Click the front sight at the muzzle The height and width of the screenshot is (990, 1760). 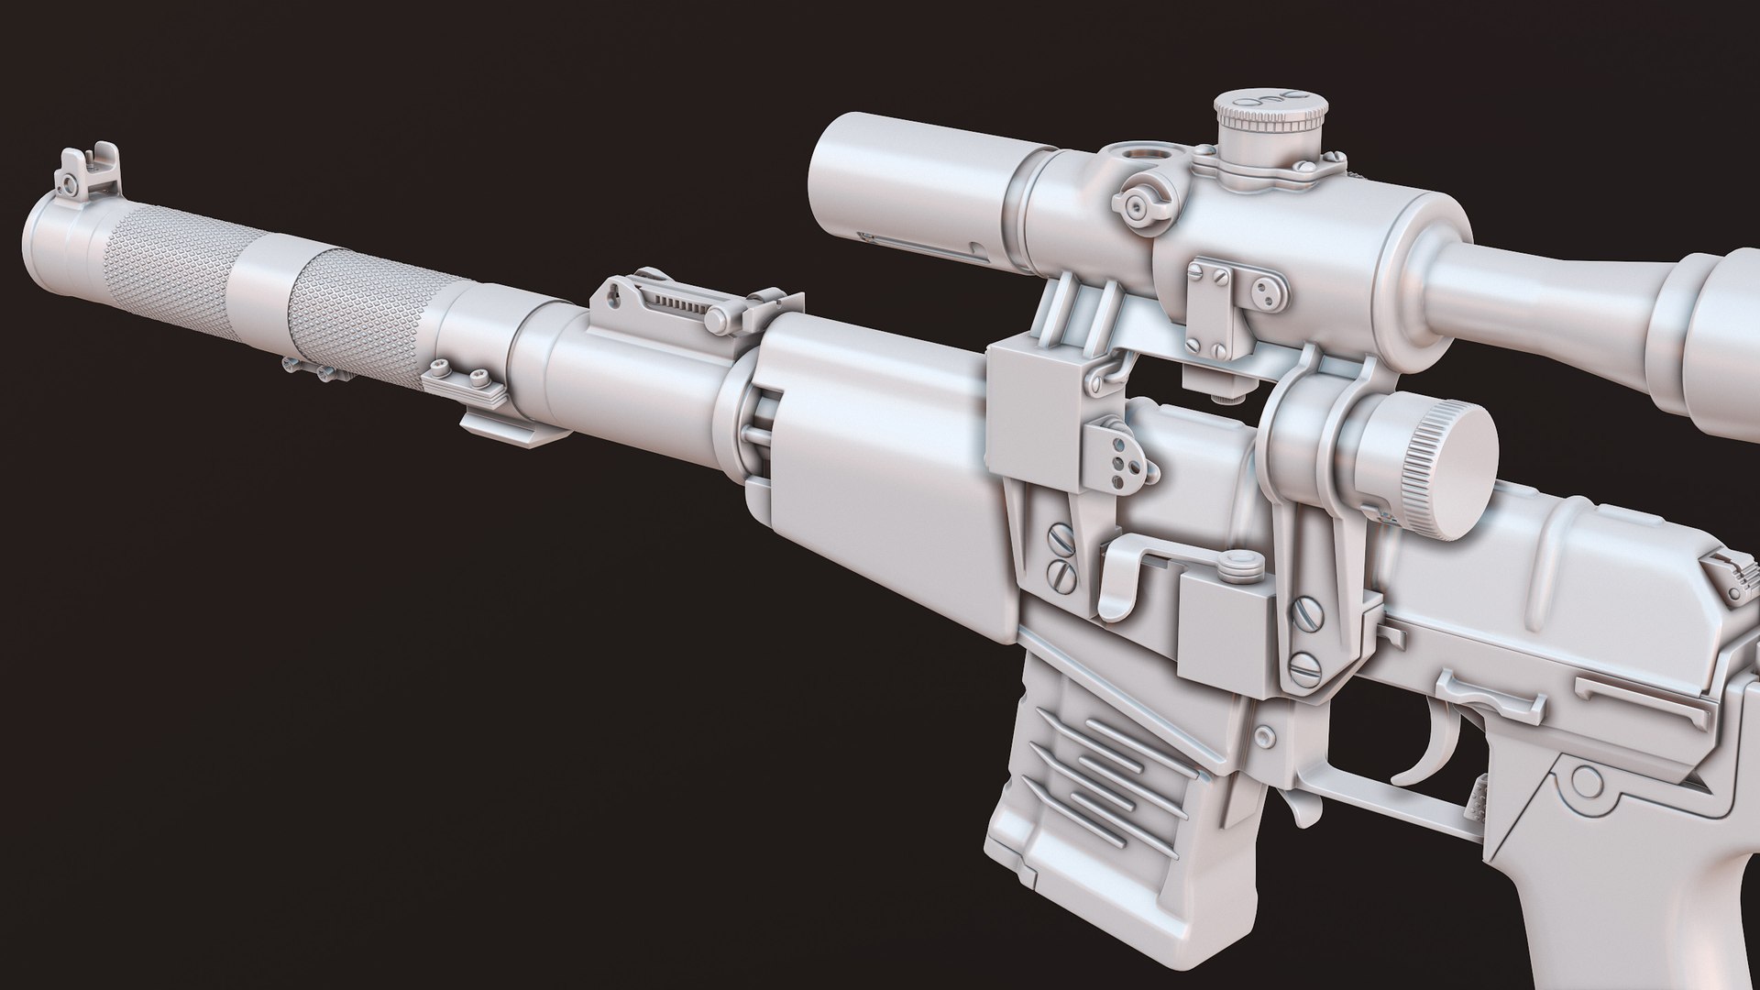pos(82,173)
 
